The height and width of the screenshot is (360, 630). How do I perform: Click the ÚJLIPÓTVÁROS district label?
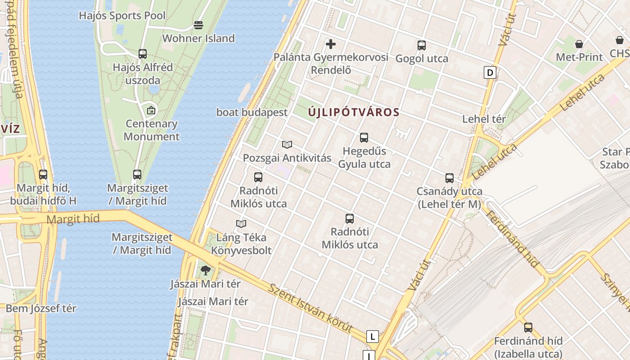point(354,112)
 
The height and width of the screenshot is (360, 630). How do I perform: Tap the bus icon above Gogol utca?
point(421,45)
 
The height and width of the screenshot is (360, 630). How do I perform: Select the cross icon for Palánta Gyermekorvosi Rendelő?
point(331,44)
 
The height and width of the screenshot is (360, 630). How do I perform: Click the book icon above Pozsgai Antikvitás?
point(287,144)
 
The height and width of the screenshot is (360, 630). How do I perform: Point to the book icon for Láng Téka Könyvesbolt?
point(241,224)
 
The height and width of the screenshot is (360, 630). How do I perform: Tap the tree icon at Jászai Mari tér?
point(206,270)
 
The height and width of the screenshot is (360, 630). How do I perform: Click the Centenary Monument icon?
point(151,110)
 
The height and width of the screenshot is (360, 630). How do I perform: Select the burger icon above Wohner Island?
point(198,25)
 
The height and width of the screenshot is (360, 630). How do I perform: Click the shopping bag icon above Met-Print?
point(579,44)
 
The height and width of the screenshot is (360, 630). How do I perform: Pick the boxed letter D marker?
point(490,72)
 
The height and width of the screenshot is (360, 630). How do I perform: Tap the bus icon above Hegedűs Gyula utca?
point(364,138)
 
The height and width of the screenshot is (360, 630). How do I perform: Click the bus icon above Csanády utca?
point(449,178)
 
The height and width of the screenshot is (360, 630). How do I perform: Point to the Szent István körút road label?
point(310,308)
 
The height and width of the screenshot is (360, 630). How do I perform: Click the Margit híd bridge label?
point(73,219)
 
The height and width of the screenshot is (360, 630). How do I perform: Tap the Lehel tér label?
point(484,119)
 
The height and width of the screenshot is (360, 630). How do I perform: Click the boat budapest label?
point(252,112)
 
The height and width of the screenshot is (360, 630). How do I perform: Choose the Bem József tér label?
point(41,309)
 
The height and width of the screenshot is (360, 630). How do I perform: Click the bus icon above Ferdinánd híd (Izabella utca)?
point(528,328)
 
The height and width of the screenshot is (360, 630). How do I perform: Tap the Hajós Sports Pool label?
point(122,16)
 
